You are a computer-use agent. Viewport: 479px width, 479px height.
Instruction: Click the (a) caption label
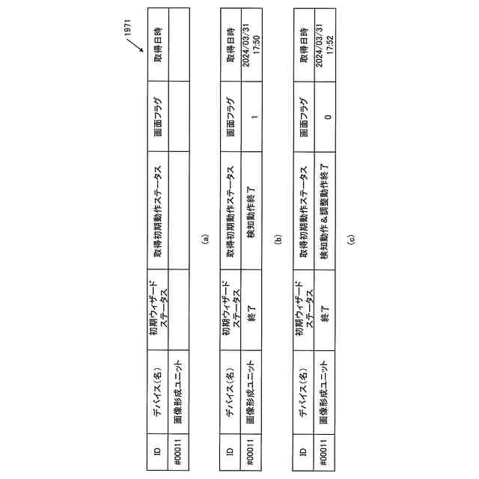[206, 241]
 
